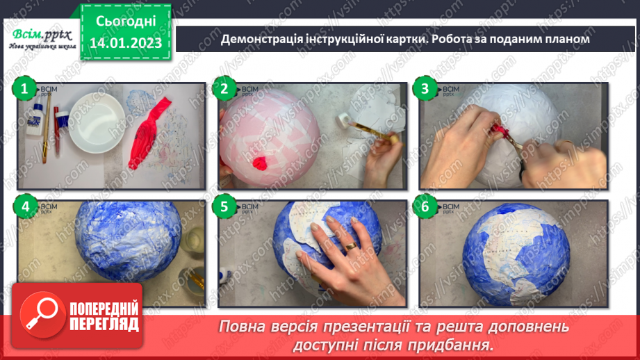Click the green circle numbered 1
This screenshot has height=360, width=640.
(24, 88)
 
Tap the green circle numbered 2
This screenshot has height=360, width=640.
(224, 88)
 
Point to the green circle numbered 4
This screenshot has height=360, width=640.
(24, 206)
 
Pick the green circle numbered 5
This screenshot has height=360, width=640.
(224, 206)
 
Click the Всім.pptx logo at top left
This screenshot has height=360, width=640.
(40, 36)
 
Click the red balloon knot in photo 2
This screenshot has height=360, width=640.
(260, 164)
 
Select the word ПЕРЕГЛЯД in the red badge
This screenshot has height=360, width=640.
(104, 325)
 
